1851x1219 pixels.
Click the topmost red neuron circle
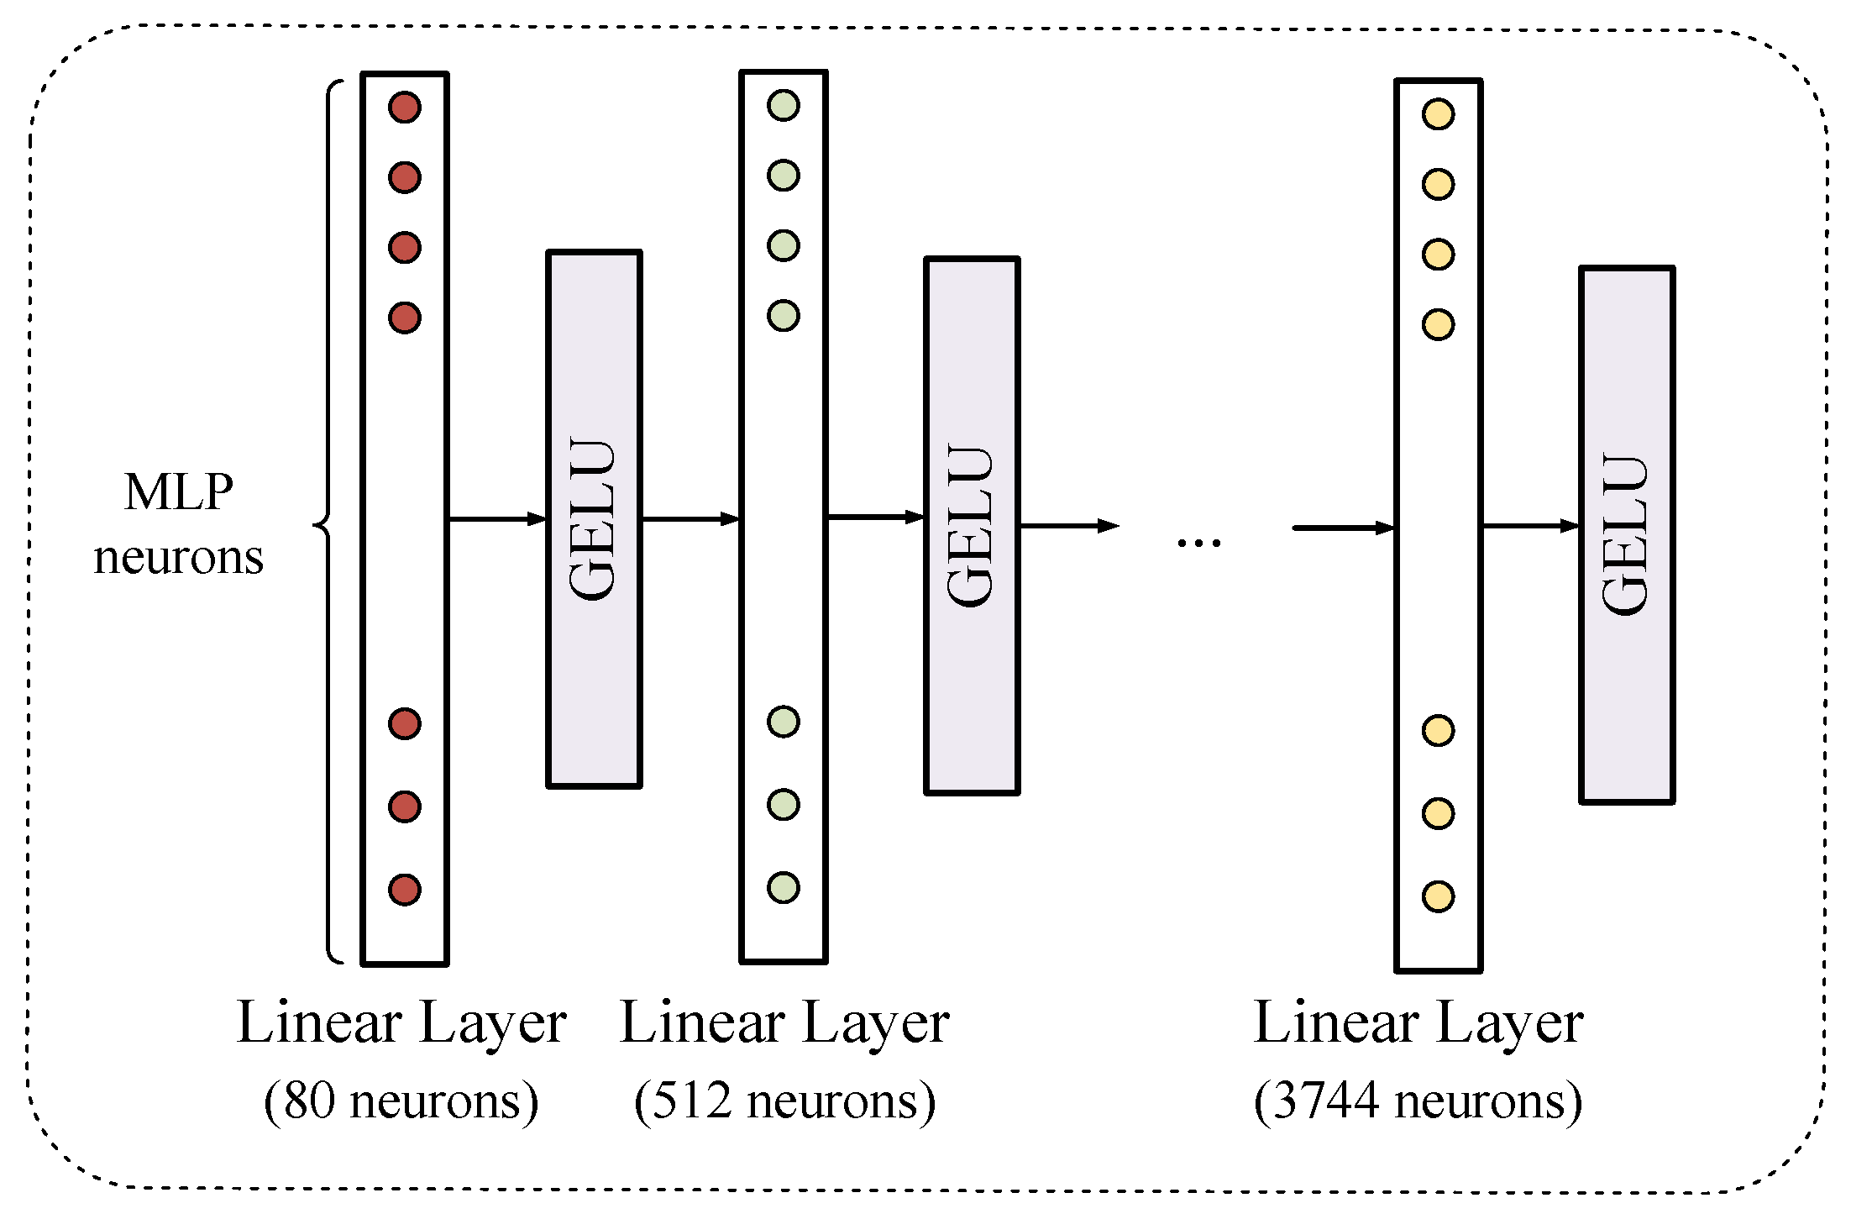click(405, 108)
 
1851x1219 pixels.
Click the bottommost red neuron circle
click(405, 890)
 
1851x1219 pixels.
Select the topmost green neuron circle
click(784, 106)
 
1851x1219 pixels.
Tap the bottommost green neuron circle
click(784, 887)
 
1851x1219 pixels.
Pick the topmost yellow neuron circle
click(1438, 114)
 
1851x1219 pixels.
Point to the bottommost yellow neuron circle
click(1438, 896)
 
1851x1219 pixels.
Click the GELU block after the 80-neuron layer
click(594, 519)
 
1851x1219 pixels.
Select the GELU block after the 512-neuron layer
click(972, 526)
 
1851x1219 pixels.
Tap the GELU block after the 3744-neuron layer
click(1627, 535)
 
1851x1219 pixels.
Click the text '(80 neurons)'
click(401, 1101)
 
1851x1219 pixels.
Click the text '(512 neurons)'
click(784, 1101)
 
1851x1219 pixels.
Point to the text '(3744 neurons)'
click(1418, 1101)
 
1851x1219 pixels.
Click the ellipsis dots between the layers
click(1198, 544)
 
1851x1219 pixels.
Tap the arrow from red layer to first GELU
click(497, 519)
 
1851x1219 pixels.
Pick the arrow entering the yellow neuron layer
click(1344, 528)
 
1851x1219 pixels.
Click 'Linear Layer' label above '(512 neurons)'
click(784, 1023)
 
